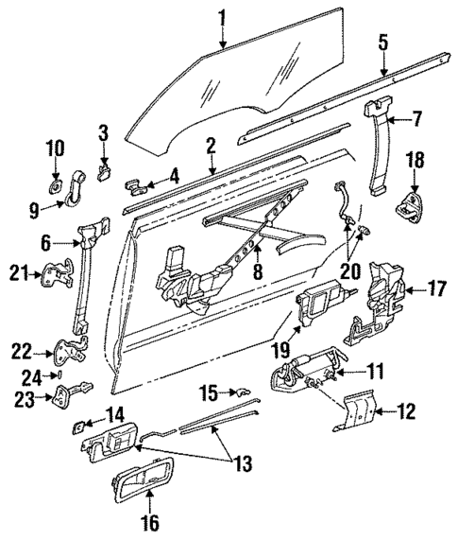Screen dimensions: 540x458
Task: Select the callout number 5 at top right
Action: point(382,43)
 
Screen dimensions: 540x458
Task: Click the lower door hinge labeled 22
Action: point(66,355)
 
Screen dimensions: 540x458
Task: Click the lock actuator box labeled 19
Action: point(321,305)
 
